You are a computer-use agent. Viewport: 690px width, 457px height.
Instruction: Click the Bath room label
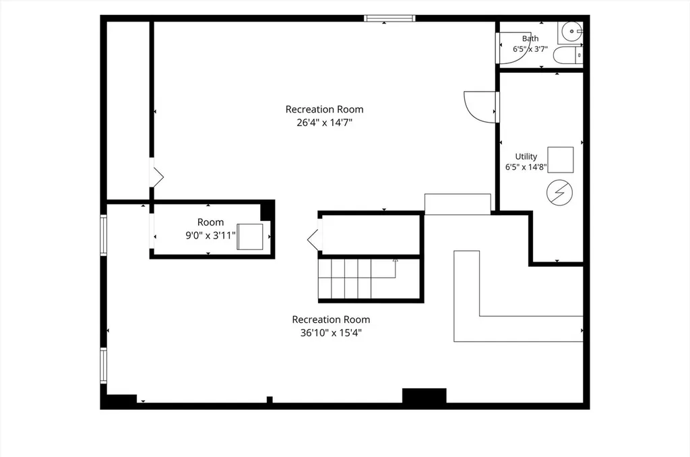(x=530, y=38)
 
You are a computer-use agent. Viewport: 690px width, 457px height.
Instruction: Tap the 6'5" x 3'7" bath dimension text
(x=530, y=49)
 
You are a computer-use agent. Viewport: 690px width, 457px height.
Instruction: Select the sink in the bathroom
(x=571, y=32)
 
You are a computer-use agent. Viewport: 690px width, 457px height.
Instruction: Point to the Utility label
(x=526, y=156)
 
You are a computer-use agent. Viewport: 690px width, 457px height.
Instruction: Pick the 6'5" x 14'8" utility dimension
(x=526, y=167)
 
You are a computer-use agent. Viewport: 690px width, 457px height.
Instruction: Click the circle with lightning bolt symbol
(x=560, y=193)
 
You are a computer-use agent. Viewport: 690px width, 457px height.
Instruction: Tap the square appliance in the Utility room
(x=561, y=160)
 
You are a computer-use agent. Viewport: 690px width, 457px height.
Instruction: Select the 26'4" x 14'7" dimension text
(x=325, y=123)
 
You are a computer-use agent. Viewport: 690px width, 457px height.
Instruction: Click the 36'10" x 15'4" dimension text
(x=331, y=333)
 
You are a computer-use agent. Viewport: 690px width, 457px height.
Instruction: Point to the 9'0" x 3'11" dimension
(x=211, y=235)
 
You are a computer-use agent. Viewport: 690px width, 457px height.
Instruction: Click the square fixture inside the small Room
(x=250, y=237)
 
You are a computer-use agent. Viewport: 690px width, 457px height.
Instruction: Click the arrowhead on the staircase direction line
(x=395, y=260)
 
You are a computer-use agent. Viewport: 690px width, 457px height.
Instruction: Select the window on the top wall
(x=390, y=18)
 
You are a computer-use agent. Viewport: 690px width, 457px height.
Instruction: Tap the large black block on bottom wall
(x=425, y=396)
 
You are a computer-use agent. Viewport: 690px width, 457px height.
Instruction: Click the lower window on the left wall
(x=103, y=365)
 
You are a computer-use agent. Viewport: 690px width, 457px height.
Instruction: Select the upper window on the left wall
(x=103, y=235)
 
